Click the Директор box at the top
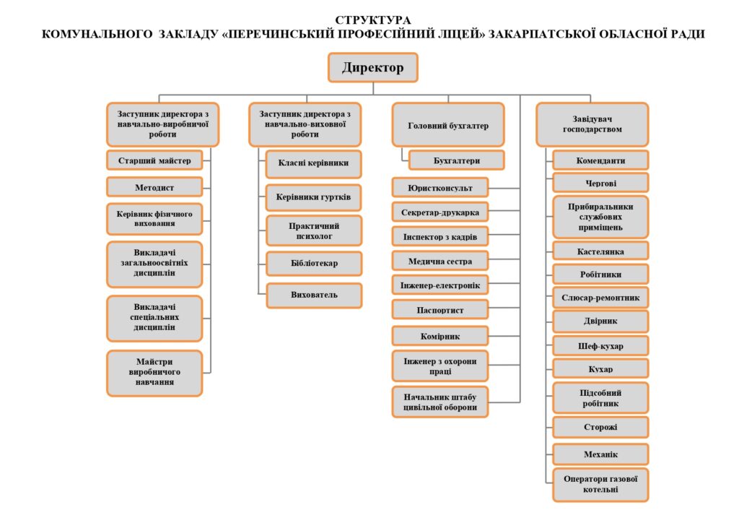(x=372, y=68)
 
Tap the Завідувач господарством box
(x=592, y=124)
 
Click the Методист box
(x=154, y=187)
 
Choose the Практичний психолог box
(x=314, y=230)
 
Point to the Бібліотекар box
(x=314, y=264)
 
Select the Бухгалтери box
(x=456, y=160)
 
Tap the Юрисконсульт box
(x=440, y=188)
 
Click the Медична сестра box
(x=440, y=260)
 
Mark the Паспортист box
(x=440, y=310)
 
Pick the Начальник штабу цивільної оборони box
(x=440, y=402)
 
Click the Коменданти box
(x=600, y=160)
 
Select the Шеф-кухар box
(x=600, y=345)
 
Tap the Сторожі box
(x=600, y=427)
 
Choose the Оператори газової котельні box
(x=600, y=485)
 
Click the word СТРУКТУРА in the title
(x=373, y=20)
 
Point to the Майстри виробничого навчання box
(x=154, y=373)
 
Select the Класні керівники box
(x=314, y=163)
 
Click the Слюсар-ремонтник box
(x=600, y=297)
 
